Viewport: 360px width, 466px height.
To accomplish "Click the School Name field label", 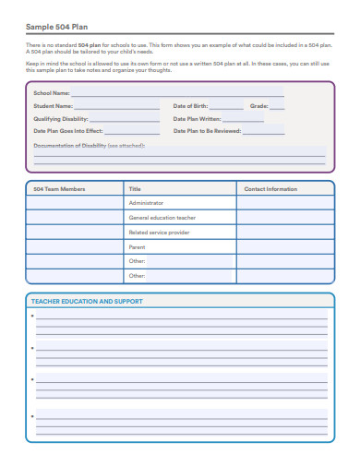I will tap(51, 93).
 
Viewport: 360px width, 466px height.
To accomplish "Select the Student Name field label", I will tap(53, 106).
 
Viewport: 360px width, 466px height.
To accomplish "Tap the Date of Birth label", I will tap(191, 106).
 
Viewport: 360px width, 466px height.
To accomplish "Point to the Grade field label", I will tap(258, 106).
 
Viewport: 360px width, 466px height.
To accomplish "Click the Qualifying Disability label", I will tap(61, 119).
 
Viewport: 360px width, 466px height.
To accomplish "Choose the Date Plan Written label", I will tap(198, 119).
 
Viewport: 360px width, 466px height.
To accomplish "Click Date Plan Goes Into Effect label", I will tap(66, 132).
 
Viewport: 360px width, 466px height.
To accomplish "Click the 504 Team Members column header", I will tap(59, 189).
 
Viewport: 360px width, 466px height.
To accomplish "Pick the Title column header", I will tap(135, 189).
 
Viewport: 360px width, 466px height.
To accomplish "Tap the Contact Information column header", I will tap(270, 189).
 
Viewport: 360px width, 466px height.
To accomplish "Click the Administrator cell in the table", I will tap(146, 203).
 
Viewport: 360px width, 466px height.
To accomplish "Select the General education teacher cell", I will tap(162, 218).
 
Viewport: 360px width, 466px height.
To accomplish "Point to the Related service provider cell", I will tap(161, 233).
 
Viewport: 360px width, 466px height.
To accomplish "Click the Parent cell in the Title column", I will tap(137, 247).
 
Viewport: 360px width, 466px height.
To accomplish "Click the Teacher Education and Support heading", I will tap(87, 302).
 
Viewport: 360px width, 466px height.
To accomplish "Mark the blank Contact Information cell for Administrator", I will tap(284, 203).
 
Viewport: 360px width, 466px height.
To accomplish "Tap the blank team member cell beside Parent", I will tap(74, 247).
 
